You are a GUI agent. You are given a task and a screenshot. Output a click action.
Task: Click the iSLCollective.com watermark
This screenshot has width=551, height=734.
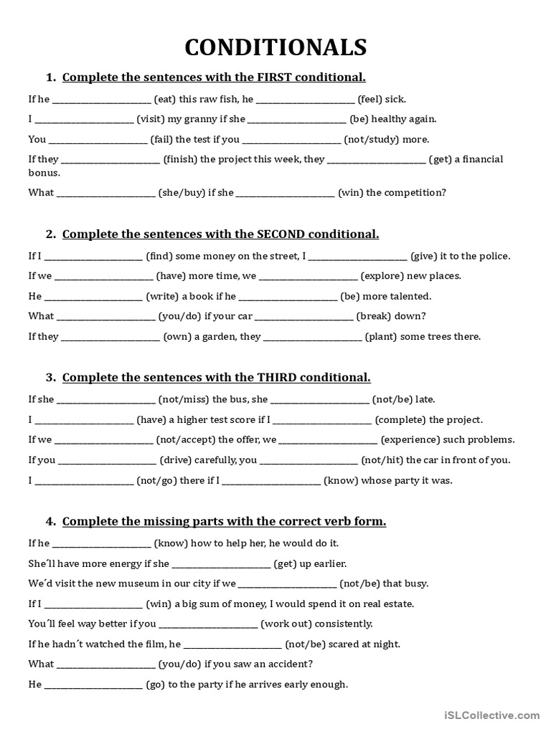(x=491, y=714)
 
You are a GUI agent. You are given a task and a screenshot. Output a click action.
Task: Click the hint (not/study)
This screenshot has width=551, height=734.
(x=367, y=140)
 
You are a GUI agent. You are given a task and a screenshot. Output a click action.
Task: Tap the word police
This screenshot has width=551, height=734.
(x=494, y=256)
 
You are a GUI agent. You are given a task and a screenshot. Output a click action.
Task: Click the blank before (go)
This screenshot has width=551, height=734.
(x=94, y=685)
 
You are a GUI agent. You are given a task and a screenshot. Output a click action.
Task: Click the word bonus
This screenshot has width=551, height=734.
(x=43, y=173)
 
